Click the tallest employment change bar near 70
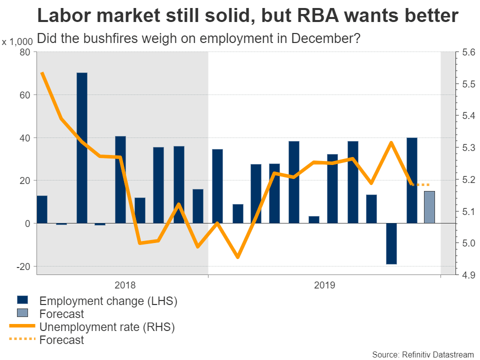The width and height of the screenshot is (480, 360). tap(82, 147)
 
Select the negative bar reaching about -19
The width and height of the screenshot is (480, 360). tap(391, 243)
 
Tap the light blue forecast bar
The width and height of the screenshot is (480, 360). tap(429, 207)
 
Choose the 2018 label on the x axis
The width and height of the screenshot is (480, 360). tap(125, 285)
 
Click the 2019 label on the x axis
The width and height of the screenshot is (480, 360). tap(325, 285)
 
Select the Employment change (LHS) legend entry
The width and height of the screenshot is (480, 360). tap(108, 301)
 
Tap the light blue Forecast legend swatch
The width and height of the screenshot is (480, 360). tap(22, 313)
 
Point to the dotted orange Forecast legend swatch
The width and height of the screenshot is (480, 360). tap(22, 340)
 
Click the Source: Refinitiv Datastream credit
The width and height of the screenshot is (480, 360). tap(422, 354)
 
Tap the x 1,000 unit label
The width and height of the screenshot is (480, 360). tap(17, 42)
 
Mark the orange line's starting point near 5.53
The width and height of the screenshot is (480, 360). tap(42, 73)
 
